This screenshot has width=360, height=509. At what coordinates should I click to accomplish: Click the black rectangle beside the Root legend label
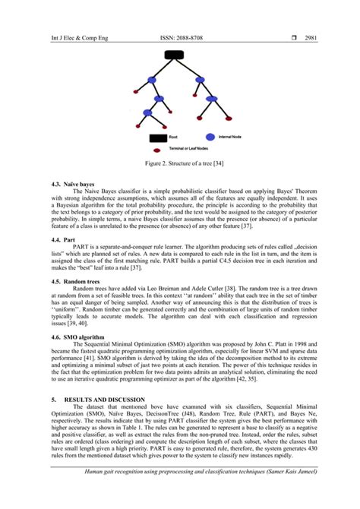point(158,138)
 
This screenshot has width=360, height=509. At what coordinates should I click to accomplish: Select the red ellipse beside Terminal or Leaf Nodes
point(158,150)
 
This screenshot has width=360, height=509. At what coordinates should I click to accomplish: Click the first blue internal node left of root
point(151,80)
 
